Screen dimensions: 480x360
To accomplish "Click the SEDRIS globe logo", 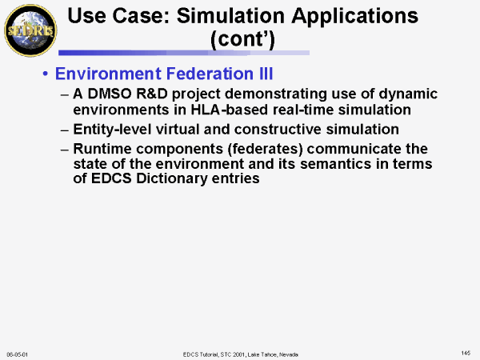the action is coord(30,30).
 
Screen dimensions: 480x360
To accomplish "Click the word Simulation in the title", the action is coord(230,16).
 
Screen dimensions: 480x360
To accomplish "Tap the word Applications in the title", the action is coord(354,17).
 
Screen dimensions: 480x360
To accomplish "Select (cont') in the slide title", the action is coord(242,40).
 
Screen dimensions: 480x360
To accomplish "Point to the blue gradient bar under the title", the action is coord(184,53).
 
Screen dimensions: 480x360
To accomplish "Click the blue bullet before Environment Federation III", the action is coord(46,74).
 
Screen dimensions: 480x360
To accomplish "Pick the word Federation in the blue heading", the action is coord(210,74).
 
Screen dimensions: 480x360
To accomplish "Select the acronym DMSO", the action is coord(110,94).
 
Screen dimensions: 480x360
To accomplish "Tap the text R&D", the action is coord(152,94).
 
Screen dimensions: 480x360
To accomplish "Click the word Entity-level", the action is coord(112,130).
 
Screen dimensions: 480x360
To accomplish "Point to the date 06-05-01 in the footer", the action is coord(17,354).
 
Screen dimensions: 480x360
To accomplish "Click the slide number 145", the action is coord(466,354).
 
